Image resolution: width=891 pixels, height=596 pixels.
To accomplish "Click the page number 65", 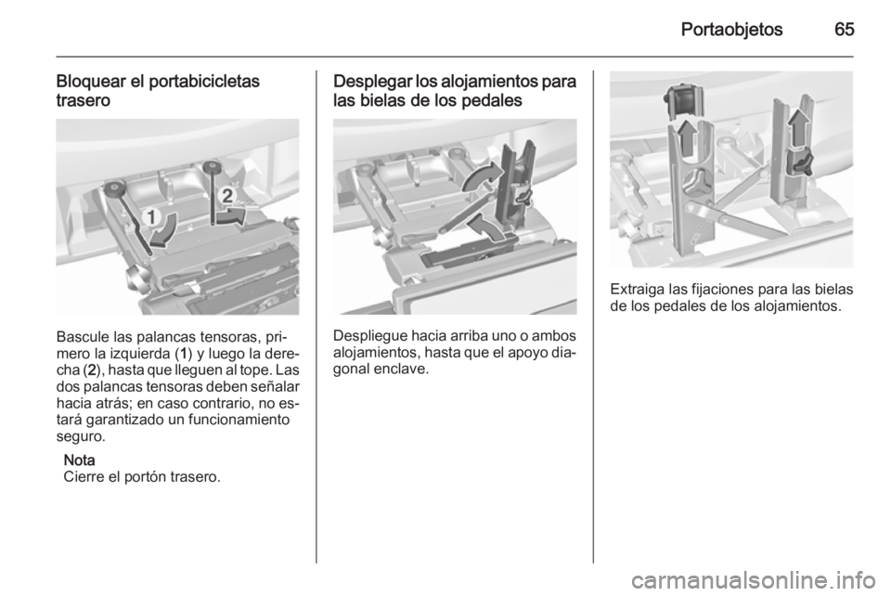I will tap(841, 28).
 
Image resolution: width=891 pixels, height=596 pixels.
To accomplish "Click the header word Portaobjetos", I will tap(732, 28).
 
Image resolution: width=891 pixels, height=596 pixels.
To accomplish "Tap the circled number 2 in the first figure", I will tap(225, 194).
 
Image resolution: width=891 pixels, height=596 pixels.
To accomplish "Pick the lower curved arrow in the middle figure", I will tap(489, 228).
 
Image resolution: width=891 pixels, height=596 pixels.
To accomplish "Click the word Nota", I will tap(78, 460).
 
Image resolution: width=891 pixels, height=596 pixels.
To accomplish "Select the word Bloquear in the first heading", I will tap(89, 81).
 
